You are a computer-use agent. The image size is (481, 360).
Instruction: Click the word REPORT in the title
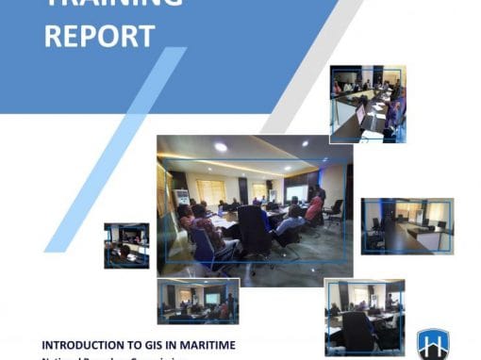(x=99, y=37)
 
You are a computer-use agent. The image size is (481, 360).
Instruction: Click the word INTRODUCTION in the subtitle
(x=88, y=346)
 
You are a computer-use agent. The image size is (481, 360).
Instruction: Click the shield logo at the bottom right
(x=432, y=344)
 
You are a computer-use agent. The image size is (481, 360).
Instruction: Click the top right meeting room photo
(x=368, y=104)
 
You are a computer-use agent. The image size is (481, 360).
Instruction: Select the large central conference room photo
(x=255, y=204)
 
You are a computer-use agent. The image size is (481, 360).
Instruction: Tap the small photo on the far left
(x=126, y=245)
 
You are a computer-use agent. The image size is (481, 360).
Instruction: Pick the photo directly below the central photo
(x=198, y=301)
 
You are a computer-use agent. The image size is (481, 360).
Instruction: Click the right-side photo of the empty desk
(x=406, y=225)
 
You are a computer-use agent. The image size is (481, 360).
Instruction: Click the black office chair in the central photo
(x=255, y=231)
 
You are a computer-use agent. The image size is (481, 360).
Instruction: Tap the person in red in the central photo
(x=314, y=208)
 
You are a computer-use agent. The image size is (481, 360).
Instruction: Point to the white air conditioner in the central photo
(x=181, y=197)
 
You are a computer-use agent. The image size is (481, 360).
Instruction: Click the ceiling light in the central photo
(x=221, y=147)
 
